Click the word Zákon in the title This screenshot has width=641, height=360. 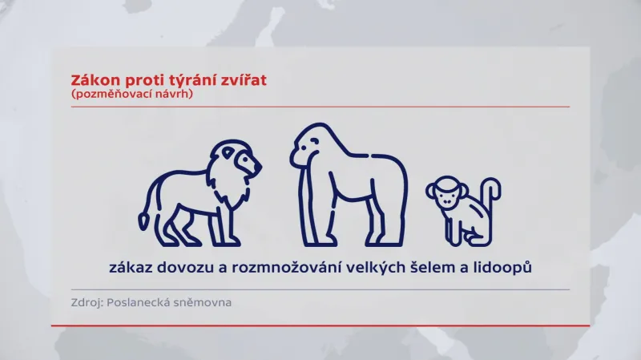(92, 80)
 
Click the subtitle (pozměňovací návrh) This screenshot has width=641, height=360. (132, 94)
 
